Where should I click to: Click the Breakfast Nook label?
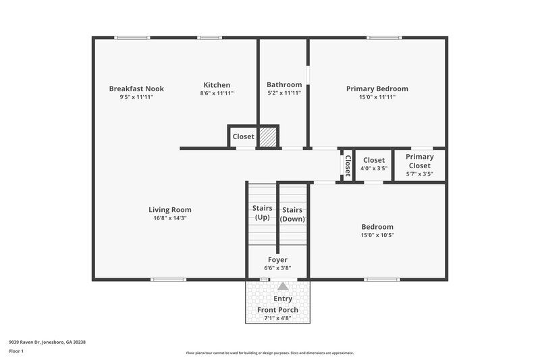[x=136, y=88]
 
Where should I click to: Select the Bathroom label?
[x=284, y=84]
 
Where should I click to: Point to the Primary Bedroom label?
[x=377, y=88]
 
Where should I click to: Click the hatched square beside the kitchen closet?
[x=269, y=136]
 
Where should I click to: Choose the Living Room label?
[x=170, y=209]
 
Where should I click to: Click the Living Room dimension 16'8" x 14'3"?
[x=170, y=218]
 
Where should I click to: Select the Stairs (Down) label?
[x=293, y=214]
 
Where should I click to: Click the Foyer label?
[x=277, y=259]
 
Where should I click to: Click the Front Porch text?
[x=277, y=310]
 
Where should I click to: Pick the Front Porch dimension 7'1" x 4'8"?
[x=277, y=319]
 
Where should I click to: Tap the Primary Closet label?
[x=419, y=161]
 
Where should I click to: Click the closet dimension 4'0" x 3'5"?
[x=374, y=169]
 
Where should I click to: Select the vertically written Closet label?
[x=348, y=165]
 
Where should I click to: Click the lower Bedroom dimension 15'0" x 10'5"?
[x=377, y=236]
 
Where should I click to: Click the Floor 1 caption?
[x=16, y=352]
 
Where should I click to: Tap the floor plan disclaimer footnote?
[x=269, y=353]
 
